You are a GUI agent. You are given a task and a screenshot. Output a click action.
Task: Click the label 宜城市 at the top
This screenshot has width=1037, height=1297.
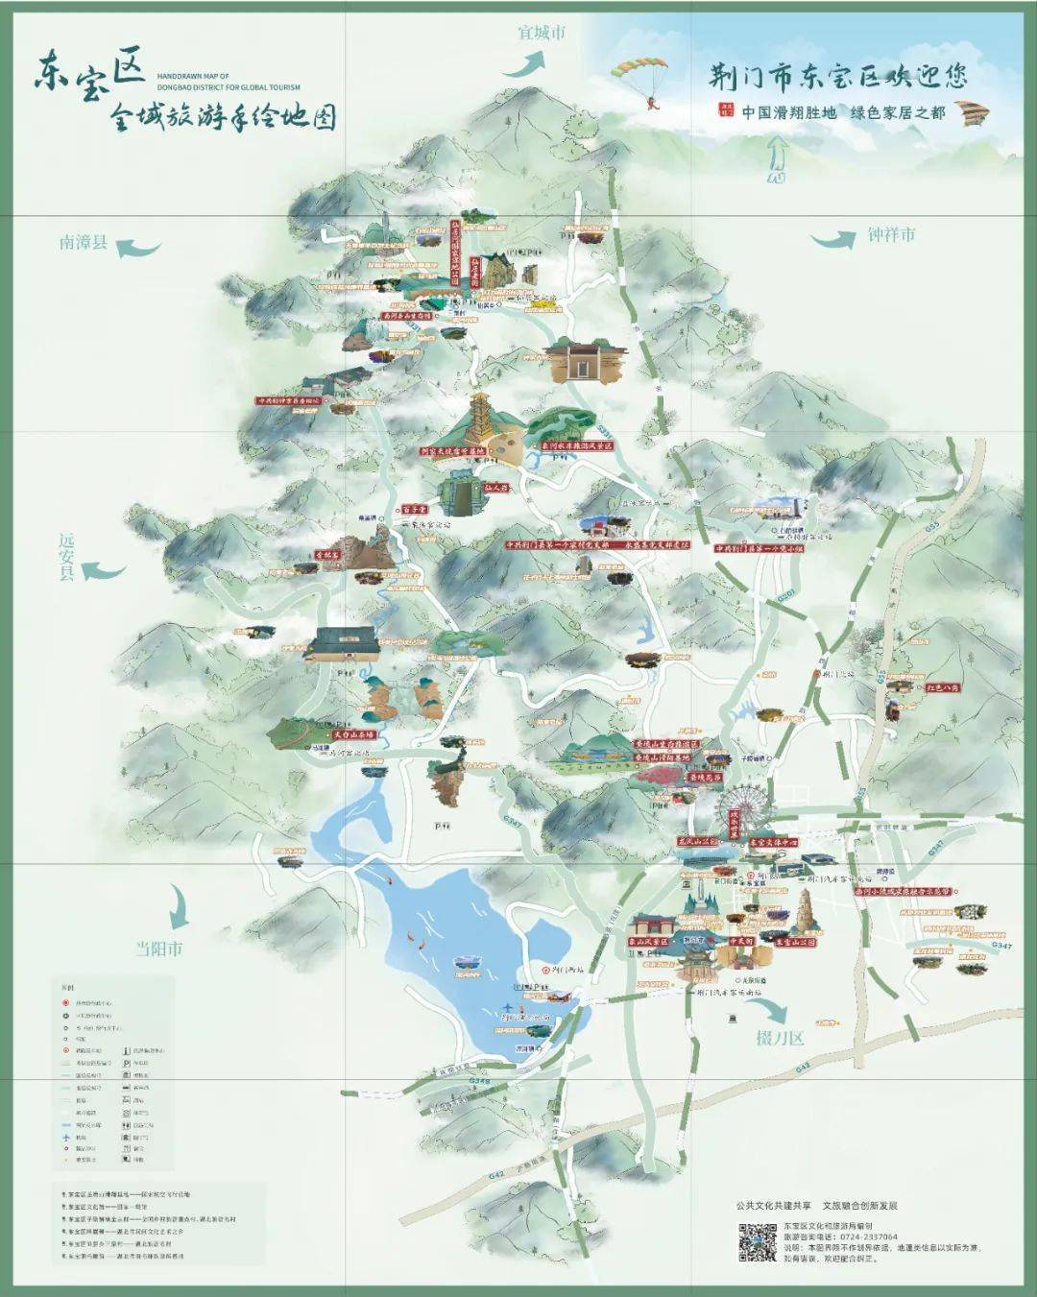(542, 33)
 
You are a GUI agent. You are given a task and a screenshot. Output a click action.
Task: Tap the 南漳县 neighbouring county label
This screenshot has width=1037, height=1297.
(84, 242)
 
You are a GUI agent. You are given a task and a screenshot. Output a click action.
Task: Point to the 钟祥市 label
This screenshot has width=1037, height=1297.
(891, 234)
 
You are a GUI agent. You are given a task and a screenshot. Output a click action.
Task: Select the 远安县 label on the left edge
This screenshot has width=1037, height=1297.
(66, 558)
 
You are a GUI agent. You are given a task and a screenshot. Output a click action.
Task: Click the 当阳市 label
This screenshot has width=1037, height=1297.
(158, 949)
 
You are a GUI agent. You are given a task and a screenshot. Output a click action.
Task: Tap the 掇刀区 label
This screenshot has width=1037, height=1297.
(779, 1038)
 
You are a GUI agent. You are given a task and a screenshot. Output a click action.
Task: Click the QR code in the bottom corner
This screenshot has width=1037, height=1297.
(757, 1241)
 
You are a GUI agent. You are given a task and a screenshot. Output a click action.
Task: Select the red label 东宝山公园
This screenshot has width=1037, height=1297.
(795, 943)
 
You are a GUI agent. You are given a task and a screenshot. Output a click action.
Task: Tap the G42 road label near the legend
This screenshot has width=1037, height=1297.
(495, 1174)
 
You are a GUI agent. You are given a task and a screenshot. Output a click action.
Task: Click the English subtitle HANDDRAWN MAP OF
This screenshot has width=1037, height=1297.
(192, 75)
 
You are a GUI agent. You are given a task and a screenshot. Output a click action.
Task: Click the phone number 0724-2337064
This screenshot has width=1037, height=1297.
(864, 1237)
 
